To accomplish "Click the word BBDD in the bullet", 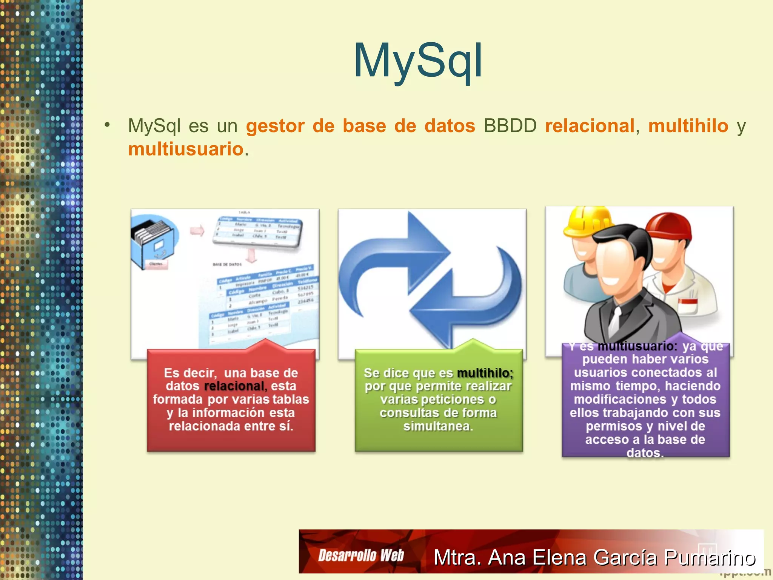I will click(x=510, y=126).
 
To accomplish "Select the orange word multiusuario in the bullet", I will click(x=186, y=149).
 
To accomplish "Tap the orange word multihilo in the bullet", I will click(x=688, y=126).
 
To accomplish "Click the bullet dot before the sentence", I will click(x=108, y=125).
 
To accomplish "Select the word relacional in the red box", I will click(x=234, y=386).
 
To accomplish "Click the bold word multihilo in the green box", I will click(x=485, y=373).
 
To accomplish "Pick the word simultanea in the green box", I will click(x=438, y=426).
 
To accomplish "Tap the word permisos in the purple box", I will click(x=614, y=426).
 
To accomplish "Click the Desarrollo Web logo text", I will click(x=361, y=555).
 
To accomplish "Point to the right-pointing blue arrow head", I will click(x=430, y=242).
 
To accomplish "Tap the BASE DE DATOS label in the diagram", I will click(x=227, y=264).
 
